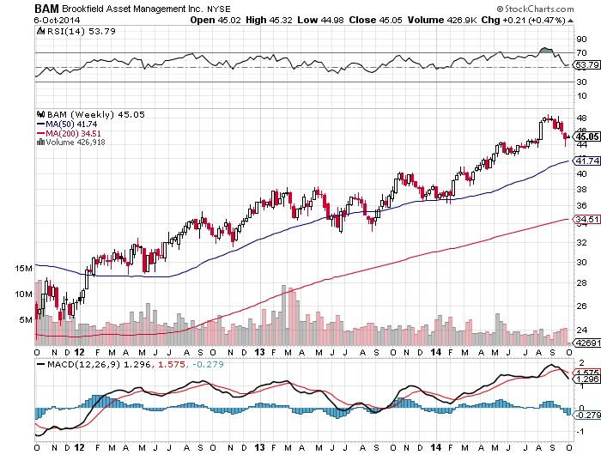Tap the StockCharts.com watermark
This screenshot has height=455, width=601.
point(535,9)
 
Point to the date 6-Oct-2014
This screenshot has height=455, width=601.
point(57,20)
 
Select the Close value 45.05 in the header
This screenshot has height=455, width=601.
point(391,20)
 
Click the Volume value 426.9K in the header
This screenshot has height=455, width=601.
point(461,20)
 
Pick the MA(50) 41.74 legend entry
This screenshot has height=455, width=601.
point(67,124)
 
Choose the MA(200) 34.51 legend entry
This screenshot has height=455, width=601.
point(69,133)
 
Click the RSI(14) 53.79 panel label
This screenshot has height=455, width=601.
point(76,31)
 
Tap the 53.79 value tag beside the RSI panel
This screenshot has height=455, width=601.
point(586,64)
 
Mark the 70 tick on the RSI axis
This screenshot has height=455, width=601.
point(581,53)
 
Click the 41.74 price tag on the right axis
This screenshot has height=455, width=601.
point(586,161)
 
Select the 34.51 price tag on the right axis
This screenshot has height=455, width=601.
point(586,219)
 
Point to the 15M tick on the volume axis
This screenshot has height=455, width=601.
point(24,269)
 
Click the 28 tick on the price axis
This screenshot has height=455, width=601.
point(581,283)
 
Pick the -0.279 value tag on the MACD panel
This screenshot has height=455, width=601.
point(587,416)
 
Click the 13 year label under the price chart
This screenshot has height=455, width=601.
point(259,352)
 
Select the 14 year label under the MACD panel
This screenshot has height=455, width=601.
point(436,447)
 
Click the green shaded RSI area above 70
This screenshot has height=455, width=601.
point(546,50)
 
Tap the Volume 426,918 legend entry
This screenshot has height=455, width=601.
point(71,143)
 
